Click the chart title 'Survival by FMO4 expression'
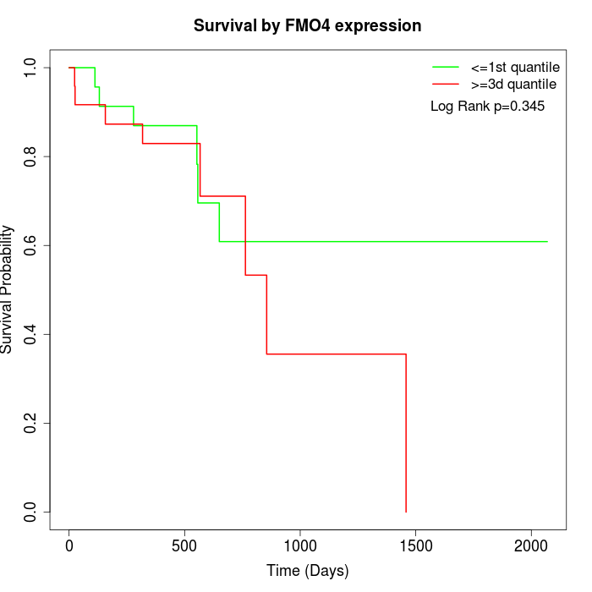point(307,25)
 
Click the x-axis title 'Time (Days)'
point(307,571)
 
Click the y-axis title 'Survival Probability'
point(8,289)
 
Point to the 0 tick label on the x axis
point(69,546)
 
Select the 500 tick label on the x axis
point(184,546)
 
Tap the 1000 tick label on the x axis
point(300,546)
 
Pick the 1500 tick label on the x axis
point(415,546)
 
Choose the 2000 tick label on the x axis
point(531,546)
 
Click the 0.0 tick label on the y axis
point(31,512)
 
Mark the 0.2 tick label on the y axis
point(31,423)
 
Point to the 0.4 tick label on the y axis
point(31,334)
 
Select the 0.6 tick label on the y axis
point(31,245)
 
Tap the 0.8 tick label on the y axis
point(31,156)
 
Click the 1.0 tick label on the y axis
point(31,68)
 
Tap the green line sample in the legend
point(446,66)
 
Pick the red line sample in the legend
point(446,84)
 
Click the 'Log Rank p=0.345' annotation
point(487,107)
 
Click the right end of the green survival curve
point(547,242)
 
